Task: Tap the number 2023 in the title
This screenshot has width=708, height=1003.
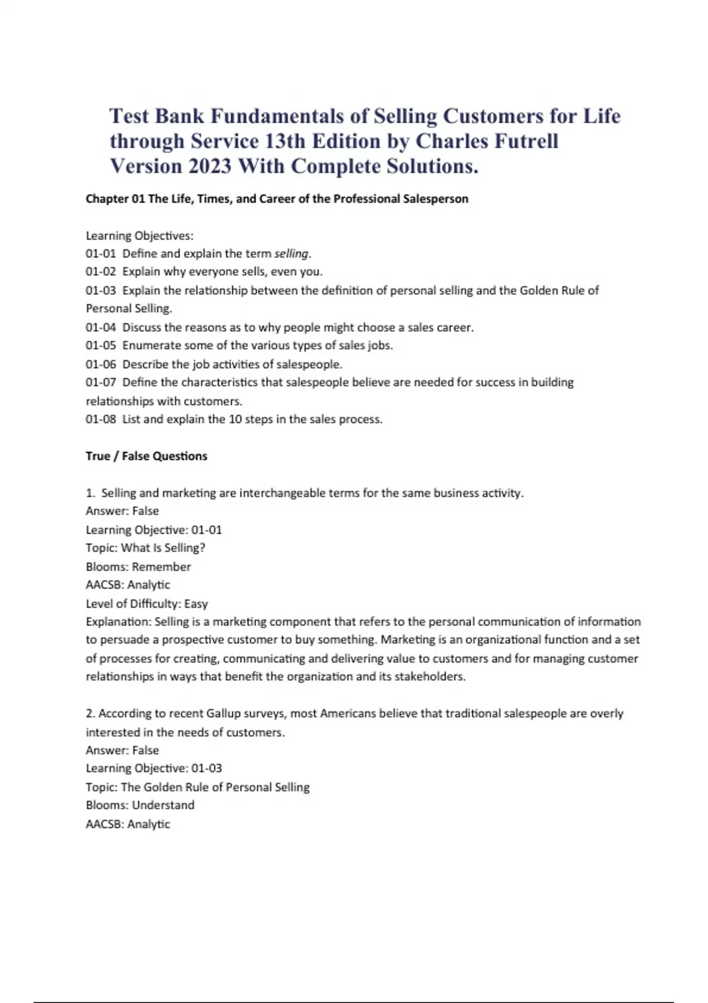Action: [209, 166]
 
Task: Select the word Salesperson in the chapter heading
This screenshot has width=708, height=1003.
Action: [435, 199]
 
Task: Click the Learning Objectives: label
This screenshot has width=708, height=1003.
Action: [139, 236]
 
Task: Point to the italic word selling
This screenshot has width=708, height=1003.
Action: [291, 254]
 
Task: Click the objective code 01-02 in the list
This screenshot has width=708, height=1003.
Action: [101, 272]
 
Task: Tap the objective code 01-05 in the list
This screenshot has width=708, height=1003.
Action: [101, 345]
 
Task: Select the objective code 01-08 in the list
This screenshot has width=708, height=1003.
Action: [101, 419]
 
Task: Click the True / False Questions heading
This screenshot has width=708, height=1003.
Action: [146, 456]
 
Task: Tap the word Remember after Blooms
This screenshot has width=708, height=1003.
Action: [161, 567]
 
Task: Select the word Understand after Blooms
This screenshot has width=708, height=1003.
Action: [163, 805]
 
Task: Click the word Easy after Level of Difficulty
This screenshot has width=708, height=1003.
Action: [196, 604]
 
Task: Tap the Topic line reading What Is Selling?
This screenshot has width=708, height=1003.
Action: [145, 548]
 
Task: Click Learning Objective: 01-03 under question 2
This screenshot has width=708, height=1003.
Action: [153, 768]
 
